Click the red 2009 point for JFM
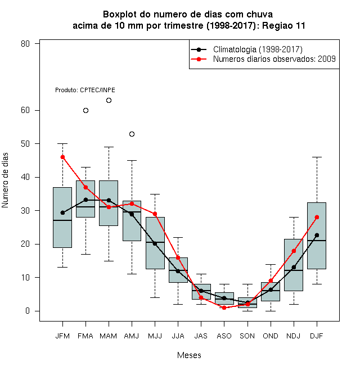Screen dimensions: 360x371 point(62,157)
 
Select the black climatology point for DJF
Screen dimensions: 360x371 point(317,235)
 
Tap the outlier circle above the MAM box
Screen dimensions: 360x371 point(109,100)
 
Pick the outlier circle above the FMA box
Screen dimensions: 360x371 point(85,111)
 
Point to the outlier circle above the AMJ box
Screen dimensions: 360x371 point(132,134)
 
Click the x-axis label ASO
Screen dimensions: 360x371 point(224,336)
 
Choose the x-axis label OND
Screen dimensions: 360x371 point(271,336)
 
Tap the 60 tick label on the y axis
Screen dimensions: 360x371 point(25,110)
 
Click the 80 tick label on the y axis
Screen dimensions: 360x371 point(25,44)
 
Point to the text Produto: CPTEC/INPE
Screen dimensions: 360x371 point(85,90)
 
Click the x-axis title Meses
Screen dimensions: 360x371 point(189,355)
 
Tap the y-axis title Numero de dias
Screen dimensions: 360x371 point(5,180)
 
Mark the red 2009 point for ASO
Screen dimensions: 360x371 point(224,307)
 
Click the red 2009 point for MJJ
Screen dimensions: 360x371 point(155,214)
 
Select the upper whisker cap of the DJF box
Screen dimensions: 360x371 point(317,157)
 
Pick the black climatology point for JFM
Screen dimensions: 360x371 point(62,212)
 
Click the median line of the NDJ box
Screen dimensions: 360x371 point(294,270)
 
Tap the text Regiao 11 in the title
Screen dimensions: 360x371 point(283,25)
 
